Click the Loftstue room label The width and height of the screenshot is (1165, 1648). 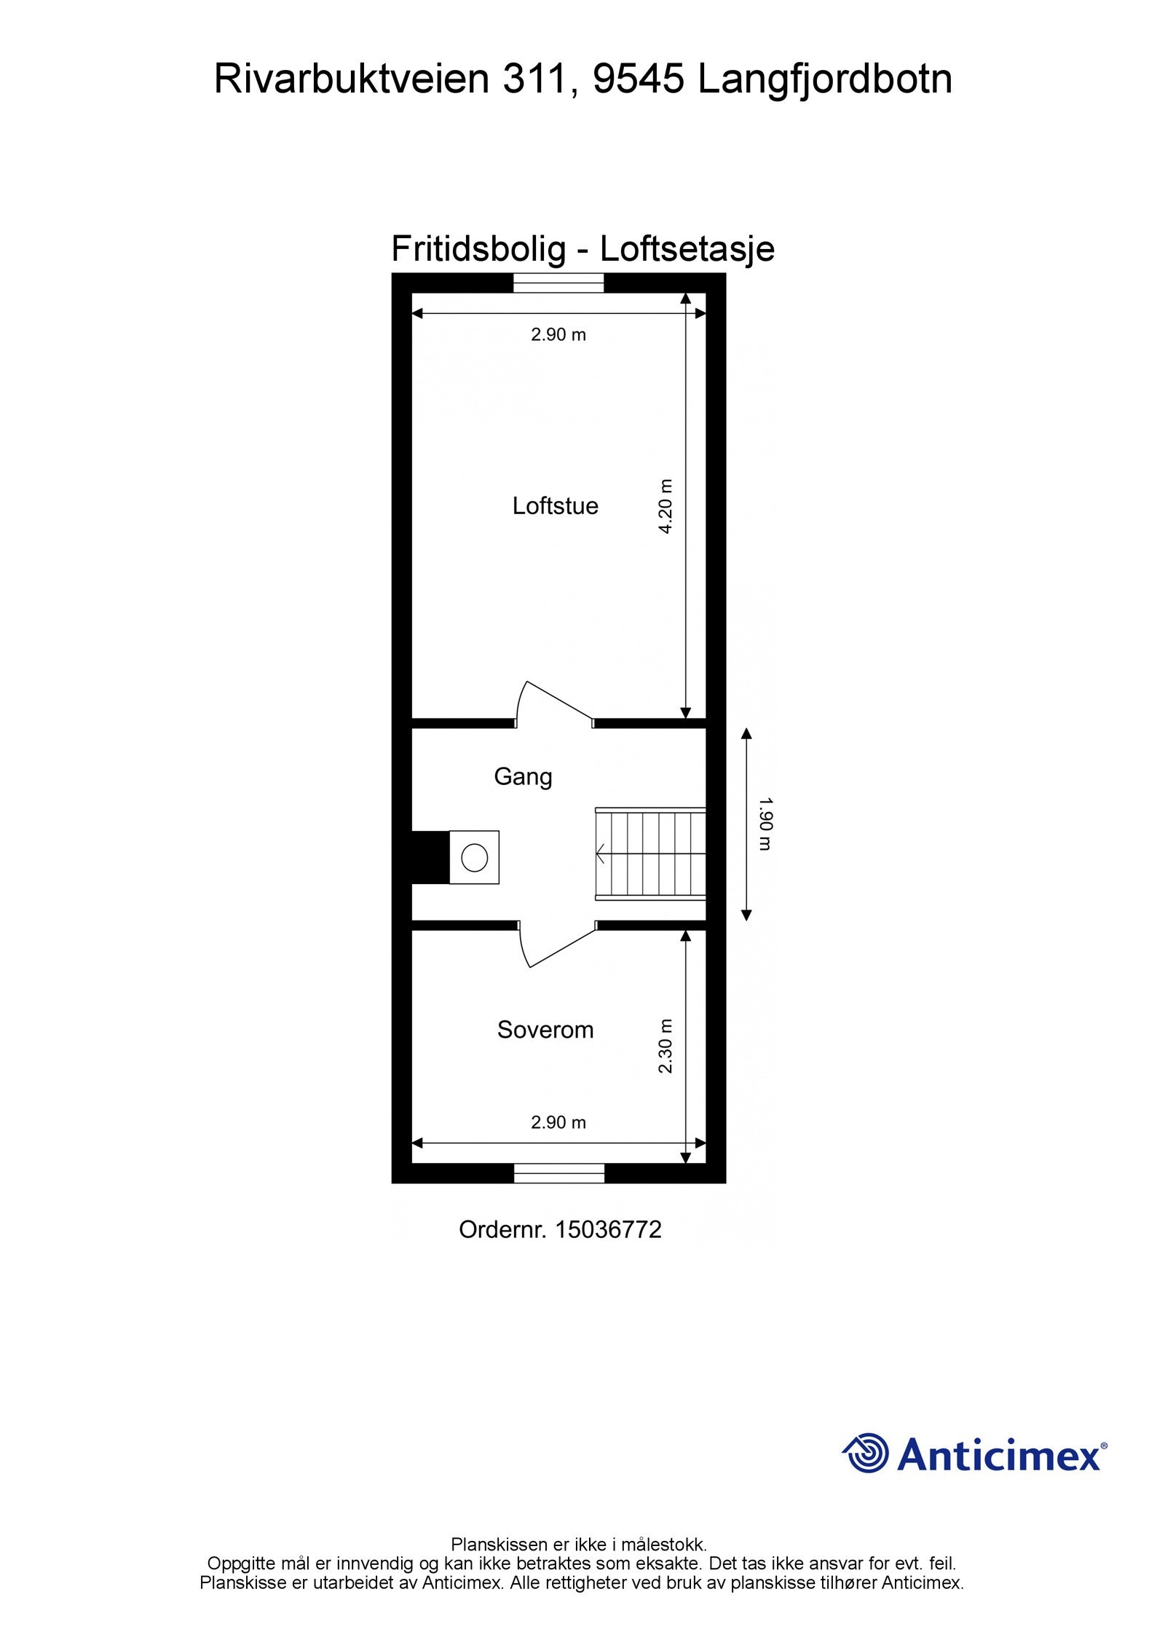(555, 505)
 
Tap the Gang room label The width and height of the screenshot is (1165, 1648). (523, 776)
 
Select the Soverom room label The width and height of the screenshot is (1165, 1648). (545, 1029)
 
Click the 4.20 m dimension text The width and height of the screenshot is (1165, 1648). (666, 506)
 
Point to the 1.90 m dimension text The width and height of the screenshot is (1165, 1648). (765, 824)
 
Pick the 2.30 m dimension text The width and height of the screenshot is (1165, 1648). (666, 1046)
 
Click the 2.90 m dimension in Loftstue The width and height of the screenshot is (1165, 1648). (558, 334)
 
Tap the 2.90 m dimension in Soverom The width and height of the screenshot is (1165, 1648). (558, 1122)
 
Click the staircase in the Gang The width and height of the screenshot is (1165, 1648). (650, 853)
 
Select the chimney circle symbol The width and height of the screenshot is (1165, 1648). (474, 857)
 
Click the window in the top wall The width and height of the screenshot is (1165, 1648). (558, 283)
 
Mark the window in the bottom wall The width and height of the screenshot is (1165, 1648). (559, 1173)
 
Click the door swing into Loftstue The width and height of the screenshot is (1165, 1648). (552, 703)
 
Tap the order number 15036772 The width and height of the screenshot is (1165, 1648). (608, 1230)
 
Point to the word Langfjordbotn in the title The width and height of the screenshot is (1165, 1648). (825, 80)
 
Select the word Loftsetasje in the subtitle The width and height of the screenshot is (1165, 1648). (687, 249)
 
